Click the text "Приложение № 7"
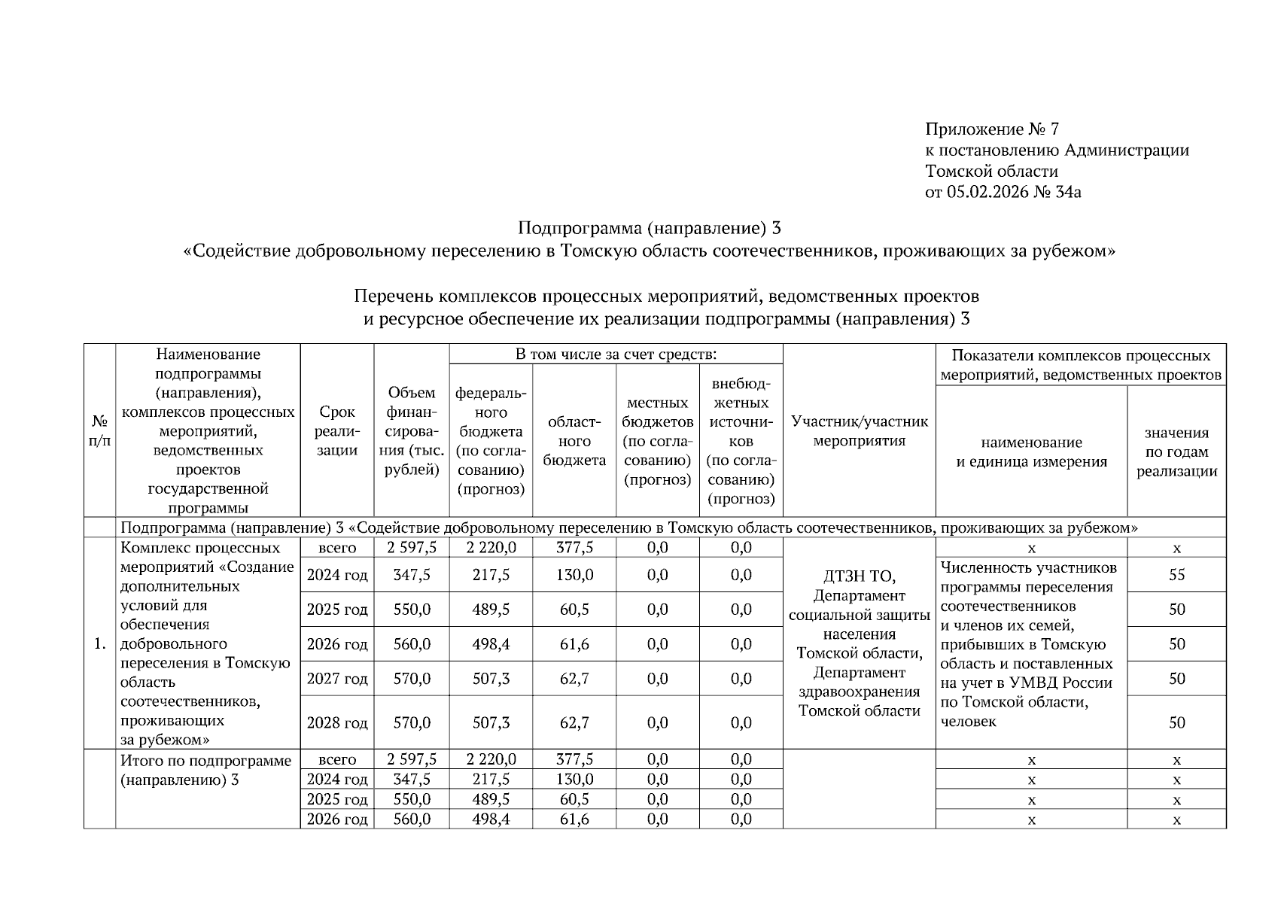pos(991,129)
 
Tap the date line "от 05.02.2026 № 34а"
pos(1003,193)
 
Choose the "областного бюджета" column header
pos(574,441)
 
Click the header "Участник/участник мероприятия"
pos(859,431)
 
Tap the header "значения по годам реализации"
pos(1176,451)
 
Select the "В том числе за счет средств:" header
pos(615,354)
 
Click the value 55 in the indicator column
pos(1176,575)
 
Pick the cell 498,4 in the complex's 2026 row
pos(491,644)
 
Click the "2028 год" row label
pos(336,723)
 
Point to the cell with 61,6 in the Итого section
pos(574,819)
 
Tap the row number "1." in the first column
pos(99,644)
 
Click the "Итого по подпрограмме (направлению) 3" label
pos(205,770)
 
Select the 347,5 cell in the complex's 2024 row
pos(411,575)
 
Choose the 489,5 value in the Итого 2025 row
pos(491,799)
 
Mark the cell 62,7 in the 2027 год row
pos(574,679)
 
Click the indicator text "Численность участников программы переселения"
pos(1028,577)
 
